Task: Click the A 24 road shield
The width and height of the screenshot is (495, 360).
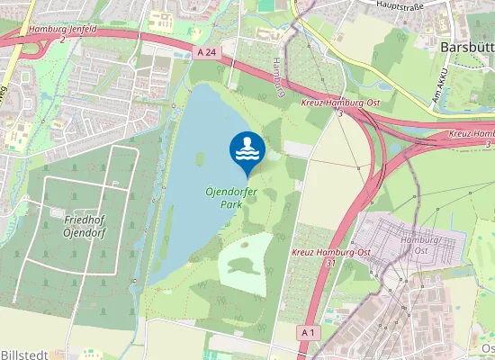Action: point(206,53)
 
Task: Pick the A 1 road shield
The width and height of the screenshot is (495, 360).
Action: point(310,333)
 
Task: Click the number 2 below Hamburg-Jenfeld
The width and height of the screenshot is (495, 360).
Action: point(63,40)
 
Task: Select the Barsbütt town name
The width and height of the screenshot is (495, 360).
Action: point(467,45)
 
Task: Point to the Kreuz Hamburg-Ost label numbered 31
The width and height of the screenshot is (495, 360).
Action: point(331,252)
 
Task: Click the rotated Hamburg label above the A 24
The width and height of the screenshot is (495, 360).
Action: point(279,77)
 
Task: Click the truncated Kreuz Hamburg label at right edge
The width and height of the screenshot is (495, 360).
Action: point(470,134)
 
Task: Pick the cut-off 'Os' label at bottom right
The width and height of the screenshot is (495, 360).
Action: point(487,348)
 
